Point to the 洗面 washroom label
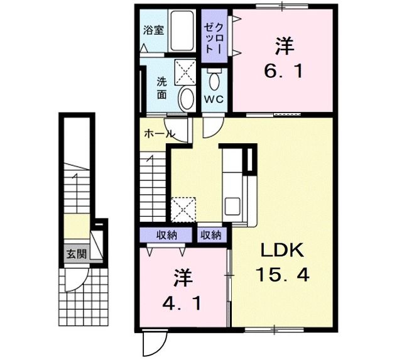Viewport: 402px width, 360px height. click(162, 87)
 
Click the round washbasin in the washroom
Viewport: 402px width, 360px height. click(186, 98)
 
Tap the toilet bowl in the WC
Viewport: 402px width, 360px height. click(214, 80)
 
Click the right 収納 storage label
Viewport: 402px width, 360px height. click(211, 235)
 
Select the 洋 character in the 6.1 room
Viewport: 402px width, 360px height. click(283, 46)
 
